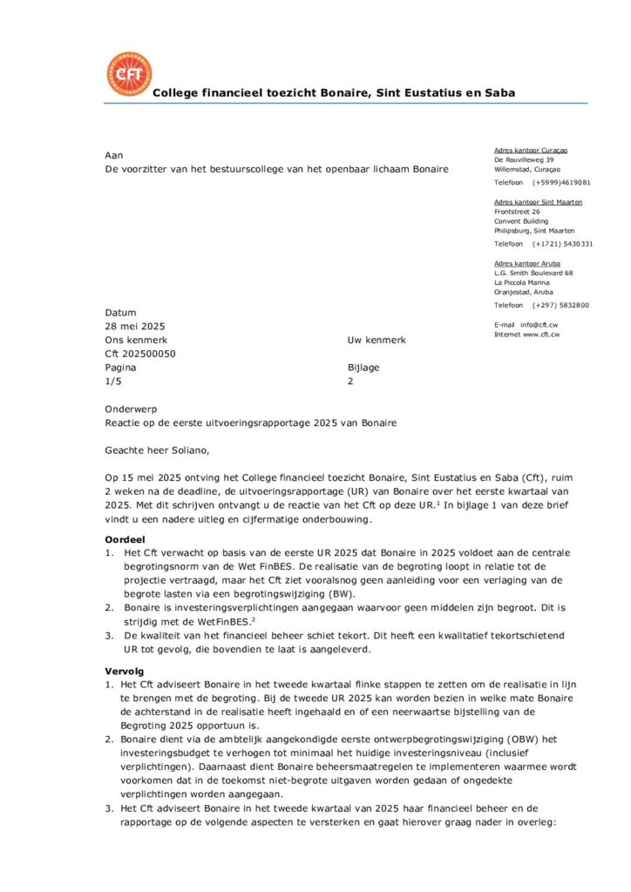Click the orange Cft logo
(x=128, y=73)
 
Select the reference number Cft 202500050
(x=140, y=355)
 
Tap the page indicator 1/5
(x=112, y=382)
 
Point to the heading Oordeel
(x=124, y=539)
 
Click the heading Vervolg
(x=124, y=672)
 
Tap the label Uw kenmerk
(x=377, y=341)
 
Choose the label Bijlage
(x=363, y=368)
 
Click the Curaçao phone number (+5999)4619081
(x=561, y=183)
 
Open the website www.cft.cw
(x=540, y=334)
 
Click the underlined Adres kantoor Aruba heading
(x=526, y=263)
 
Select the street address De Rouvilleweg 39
(x=524, y=160)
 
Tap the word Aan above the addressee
(x=113, y=154)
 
